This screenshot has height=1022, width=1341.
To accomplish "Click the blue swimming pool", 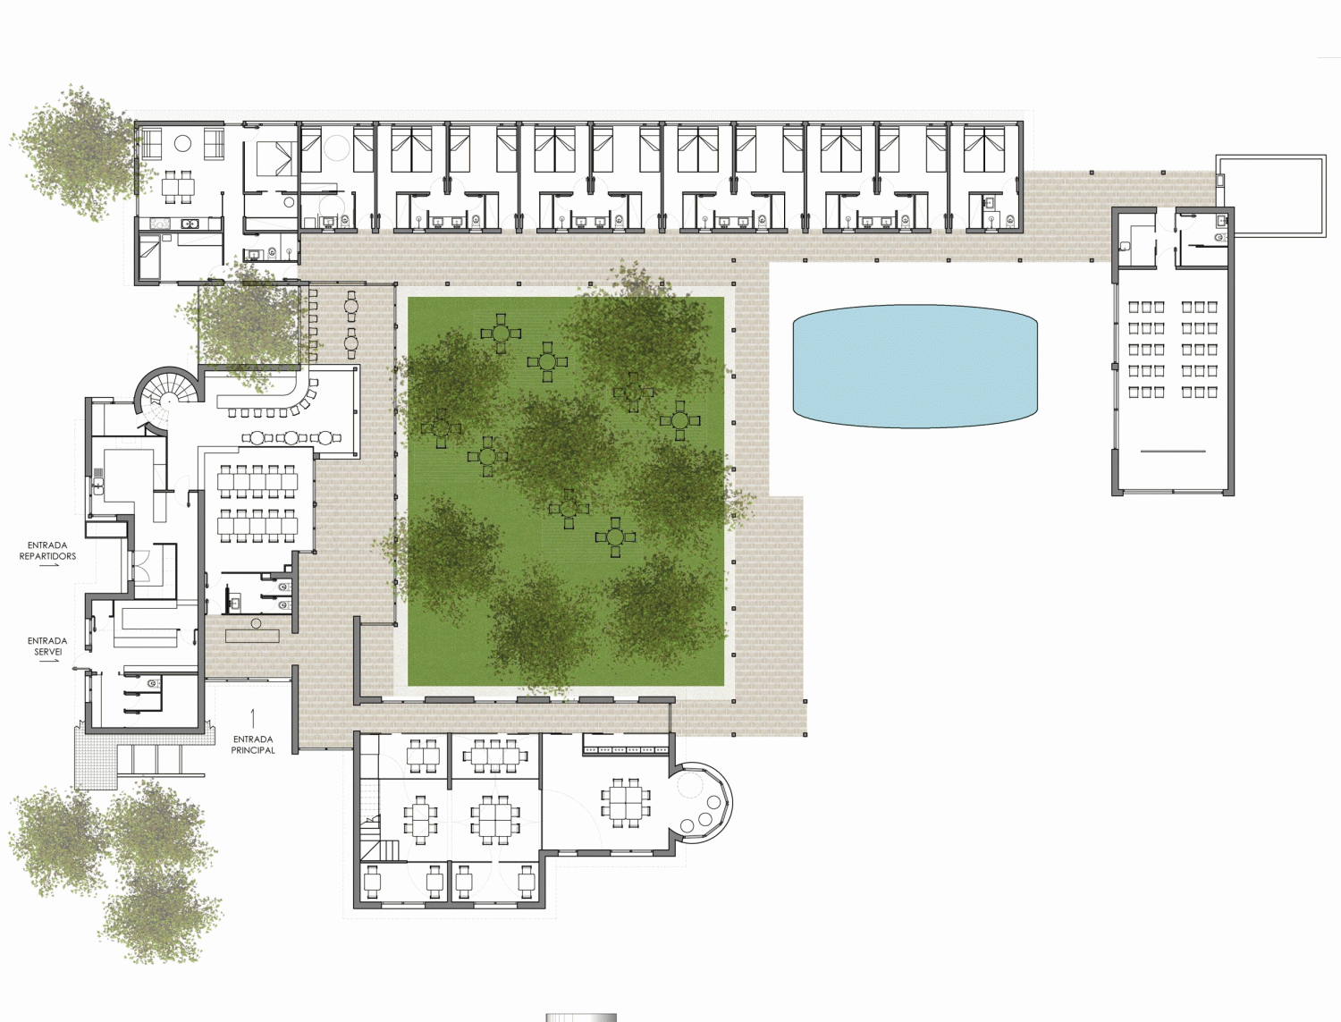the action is coord(915,366).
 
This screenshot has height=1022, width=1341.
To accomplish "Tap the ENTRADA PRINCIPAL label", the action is coord(253,745).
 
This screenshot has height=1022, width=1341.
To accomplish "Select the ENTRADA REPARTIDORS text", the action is coord(47,551).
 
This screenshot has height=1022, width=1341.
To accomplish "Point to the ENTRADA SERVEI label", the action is coord(47,646).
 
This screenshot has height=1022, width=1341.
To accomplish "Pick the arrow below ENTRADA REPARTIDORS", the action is coord(49,567).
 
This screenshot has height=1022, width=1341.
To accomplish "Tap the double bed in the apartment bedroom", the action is coord(276,158).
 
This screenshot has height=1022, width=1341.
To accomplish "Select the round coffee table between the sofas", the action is coord(182,144).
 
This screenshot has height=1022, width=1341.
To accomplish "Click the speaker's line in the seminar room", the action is coord(1173,452).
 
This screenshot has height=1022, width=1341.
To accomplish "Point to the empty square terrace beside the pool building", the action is coord(1271,196).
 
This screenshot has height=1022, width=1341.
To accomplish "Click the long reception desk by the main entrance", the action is coord(252,636).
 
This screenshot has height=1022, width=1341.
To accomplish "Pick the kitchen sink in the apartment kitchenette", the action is coord(190,224).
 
